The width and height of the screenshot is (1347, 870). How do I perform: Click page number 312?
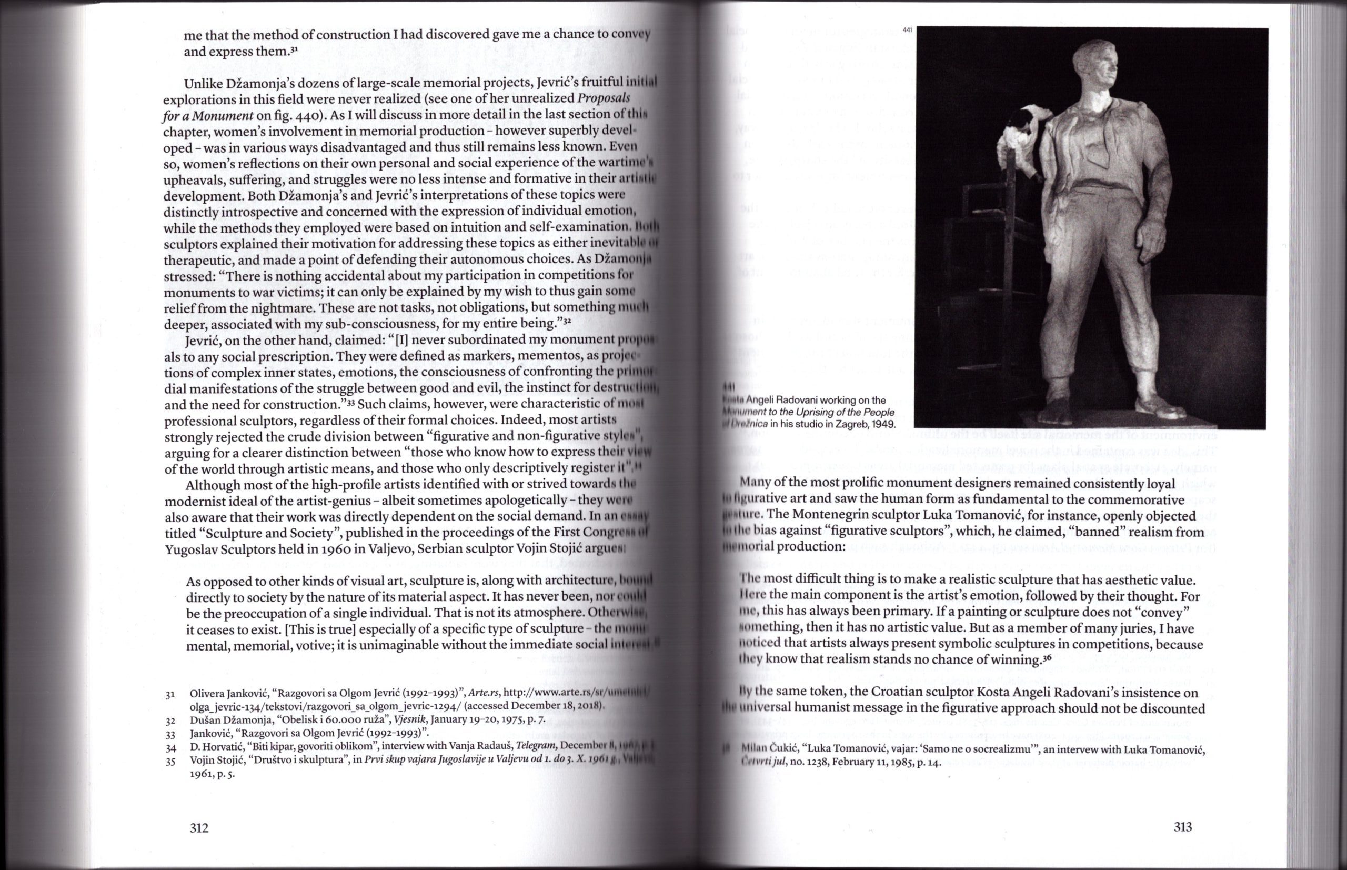[x=199, y=828]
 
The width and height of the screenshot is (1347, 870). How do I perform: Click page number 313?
[x=1183, y=827]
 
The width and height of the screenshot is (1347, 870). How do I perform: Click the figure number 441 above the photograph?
[x=908, y=29]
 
